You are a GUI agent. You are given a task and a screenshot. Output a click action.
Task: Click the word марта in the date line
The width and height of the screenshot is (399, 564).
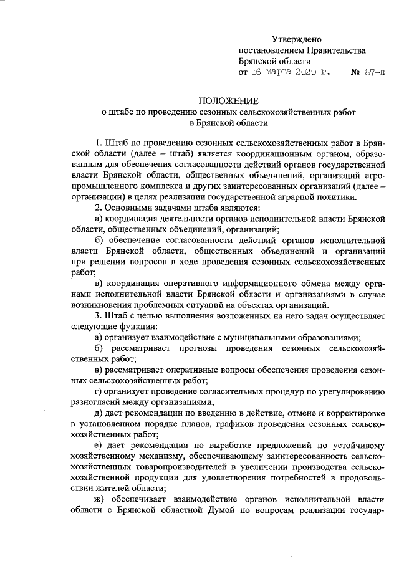pyautogui.click(x=275, y=73)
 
